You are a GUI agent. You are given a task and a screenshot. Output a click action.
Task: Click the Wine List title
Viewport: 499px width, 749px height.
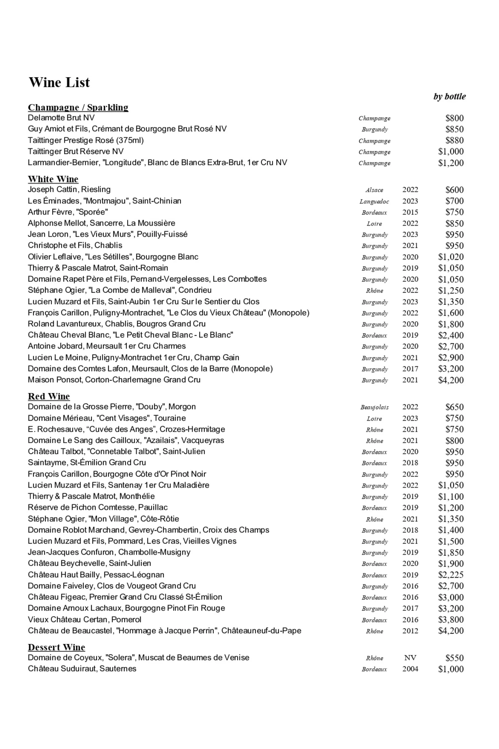59,82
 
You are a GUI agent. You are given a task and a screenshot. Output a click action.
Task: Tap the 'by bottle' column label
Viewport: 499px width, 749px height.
449,96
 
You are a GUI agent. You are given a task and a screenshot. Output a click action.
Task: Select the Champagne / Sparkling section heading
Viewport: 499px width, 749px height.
78,107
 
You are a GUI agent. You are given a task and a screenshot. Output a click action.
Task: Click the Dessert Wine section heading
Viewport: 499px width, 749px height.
56,647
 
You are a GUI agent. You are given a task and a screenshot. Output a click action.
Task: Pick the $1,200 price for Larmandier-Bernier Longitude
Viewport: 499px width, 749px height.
451,163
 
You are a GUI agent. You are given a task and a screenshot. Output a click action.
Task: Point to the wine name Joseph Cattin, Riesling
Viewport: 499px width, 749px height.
69,189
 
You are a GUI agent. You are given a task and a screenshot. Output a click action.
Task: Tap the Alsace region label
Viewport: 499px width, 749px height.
374,190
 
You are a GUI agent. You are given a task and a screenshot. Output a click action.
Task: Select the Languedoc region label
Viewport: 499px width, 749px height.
374,201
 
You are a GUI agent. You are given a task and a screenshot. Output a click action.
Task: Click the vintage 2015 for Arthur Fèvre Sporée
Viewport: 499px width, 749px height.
410,212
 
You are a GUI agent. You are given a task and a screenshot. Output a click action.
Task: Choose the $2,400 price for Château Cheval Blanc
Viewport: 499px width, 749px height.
451,335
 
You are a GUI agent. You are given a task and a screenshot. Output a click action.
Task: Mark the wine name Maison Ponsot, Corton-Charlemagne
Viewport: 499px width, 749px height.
114,379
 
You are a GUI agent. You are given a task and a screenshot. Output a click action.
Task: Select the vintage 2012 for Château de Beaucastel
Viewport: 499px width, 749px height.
410,631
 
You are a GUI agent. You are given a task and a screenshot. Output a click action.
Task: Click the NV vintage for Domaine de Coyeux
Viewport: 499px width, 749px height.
410,658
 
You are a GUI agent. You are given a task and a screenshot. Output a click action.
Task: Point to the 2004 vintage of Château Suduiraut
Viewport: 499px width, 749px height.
410,669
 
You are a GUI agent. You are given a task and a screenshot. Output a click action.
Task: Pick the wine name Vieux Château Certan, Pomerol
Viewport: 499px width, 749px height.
84,619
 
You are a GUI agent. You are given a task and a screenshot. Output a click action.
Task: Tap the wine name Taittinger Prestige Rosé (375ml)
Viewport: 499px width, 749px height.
86,140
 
